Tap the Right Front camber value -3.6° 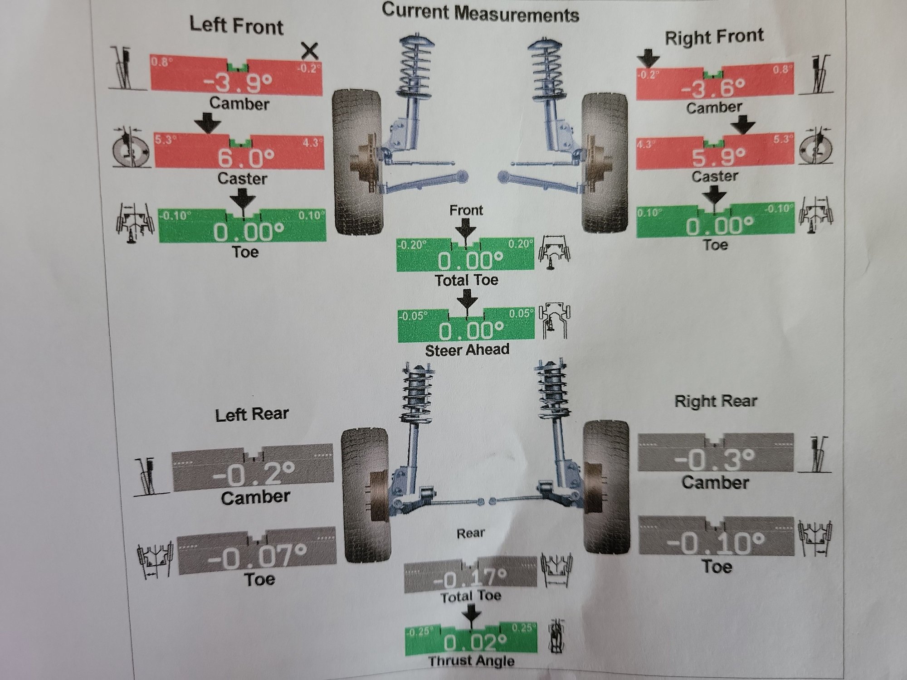point(713,87)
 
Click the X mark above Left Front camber point(310,51)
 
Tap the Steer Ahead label point(467,350)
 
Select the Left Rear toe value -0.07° point(257,557)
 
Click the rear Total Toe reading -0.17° point(470,578)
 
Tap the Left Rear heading point(252,414)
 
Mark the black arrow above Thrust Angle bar point(472,616)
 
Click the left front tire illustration point(358,161)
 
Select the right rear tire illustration point(606,486)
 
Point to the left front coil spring point(415,68)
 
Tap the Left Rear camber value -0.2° point(253,474)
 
